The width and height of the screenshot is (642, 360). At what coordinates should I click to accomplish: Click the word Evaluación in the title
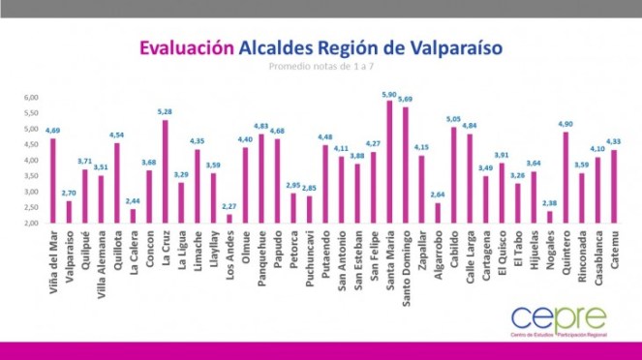(x=186, y=47)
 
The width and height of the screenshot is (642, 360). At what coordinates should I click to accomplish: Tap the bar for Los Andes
(x=229, y=218)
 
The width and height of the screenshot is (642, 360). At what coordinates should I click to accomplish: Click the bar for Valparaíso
(x=69, y=211)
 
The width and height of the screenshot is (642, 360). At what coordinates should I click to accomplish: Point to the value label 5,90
(x=389, y=94)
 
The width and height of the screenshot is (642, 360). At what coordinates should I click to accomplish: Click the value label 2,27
(x=229, y=206)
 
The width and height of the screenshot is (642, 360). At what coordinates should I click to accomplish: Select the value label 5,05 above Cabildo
(x=453, y=120)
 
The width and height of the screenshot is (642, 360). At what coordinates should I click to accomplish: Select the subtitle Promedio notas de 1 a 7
(x=321, y=68)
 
